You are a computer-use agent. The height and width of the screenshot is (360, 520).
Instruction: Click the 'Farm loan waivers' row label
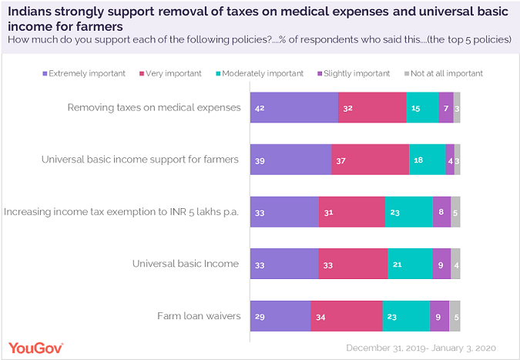tap(198, 316)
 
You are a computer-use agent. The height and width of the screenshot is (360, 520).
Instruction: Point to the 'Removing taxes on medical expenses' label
tap(154, 107)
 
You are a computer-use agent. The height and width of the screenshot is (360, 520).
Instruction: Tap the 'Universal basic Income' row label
tap(186, 264)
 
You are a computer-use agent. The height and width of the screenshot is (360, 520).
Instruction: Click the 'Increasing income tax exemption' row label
tap(122, 212)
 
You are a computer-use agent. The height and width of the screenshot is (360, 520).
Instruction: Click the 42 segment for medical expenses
tap(294, 108)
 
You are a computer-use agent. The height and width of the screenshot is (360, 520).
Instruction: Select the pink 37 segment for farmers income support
tap(370, 160)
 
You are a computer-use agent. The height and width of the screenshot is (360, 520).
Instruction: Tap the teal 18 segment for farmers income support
tap(427, 160)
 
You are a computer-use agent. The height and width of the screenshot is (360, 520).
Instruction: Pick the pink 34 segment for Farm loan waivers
tap(346, 316)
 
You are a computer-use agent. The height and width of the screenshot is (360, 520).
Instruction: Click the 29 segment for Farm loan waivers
tap(280, 316)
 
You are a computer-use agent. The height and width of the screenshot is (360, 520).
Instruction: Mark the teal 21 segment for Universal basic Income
tap(410, 264)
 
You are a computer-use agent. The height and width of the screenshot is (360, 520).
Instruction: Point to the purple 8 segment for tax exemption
tap(441, 212)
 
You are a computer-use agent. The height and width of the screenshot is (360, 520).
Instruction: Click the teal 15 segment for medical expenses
tap(422, 108)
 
